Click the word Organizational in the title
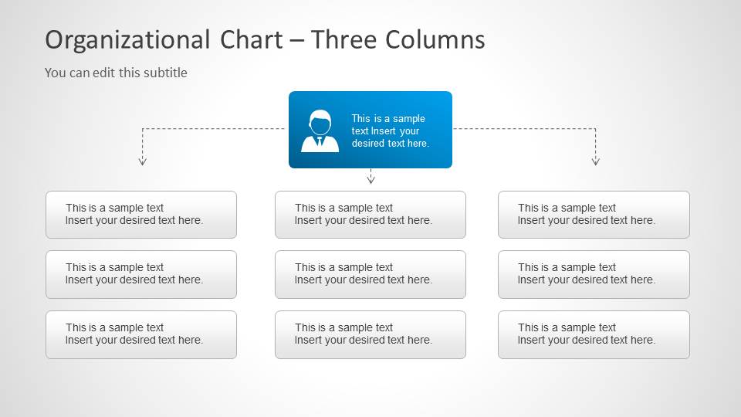pyautogui.click(x=127, y=39)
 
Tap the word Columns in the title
pyautogui.click(x=436, y=39)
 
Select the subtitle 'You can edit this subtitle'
pyautogui.click(x=116, y=73)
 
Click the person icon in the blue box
pyautogui.click(x=320, y=131)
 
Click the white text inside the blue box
pyautogui.click(x=390, y=131)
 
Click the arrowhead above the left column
pyautogui.click(x=142, y=161)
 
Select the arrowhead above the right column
pyautogui.click(x=595, y=161)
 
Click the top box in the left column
pyautogui.click(x=141, y=215)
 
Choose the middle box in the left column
pyautogui.click(x=141, y=274)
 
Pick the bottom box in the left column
pyautogui.click(x=141, y=334)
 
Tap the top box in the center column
pyautogui.click(x=370, y=215)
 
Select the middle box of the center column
pyautogui.click(x=370, y=274)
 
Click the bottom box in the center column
pyautogui.click(x=370, y=334)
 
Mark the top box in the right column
pyautogui.click(x=594, y=215)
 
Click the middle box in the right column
pyautogui.click(x=594, y=274)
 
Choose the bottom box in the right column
pyautogui.click(x=594, y=334)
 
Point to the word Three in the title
pyautogui.click(x=345, y=39)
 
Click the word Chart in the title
pyautogui.click(x=251, y=39)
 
